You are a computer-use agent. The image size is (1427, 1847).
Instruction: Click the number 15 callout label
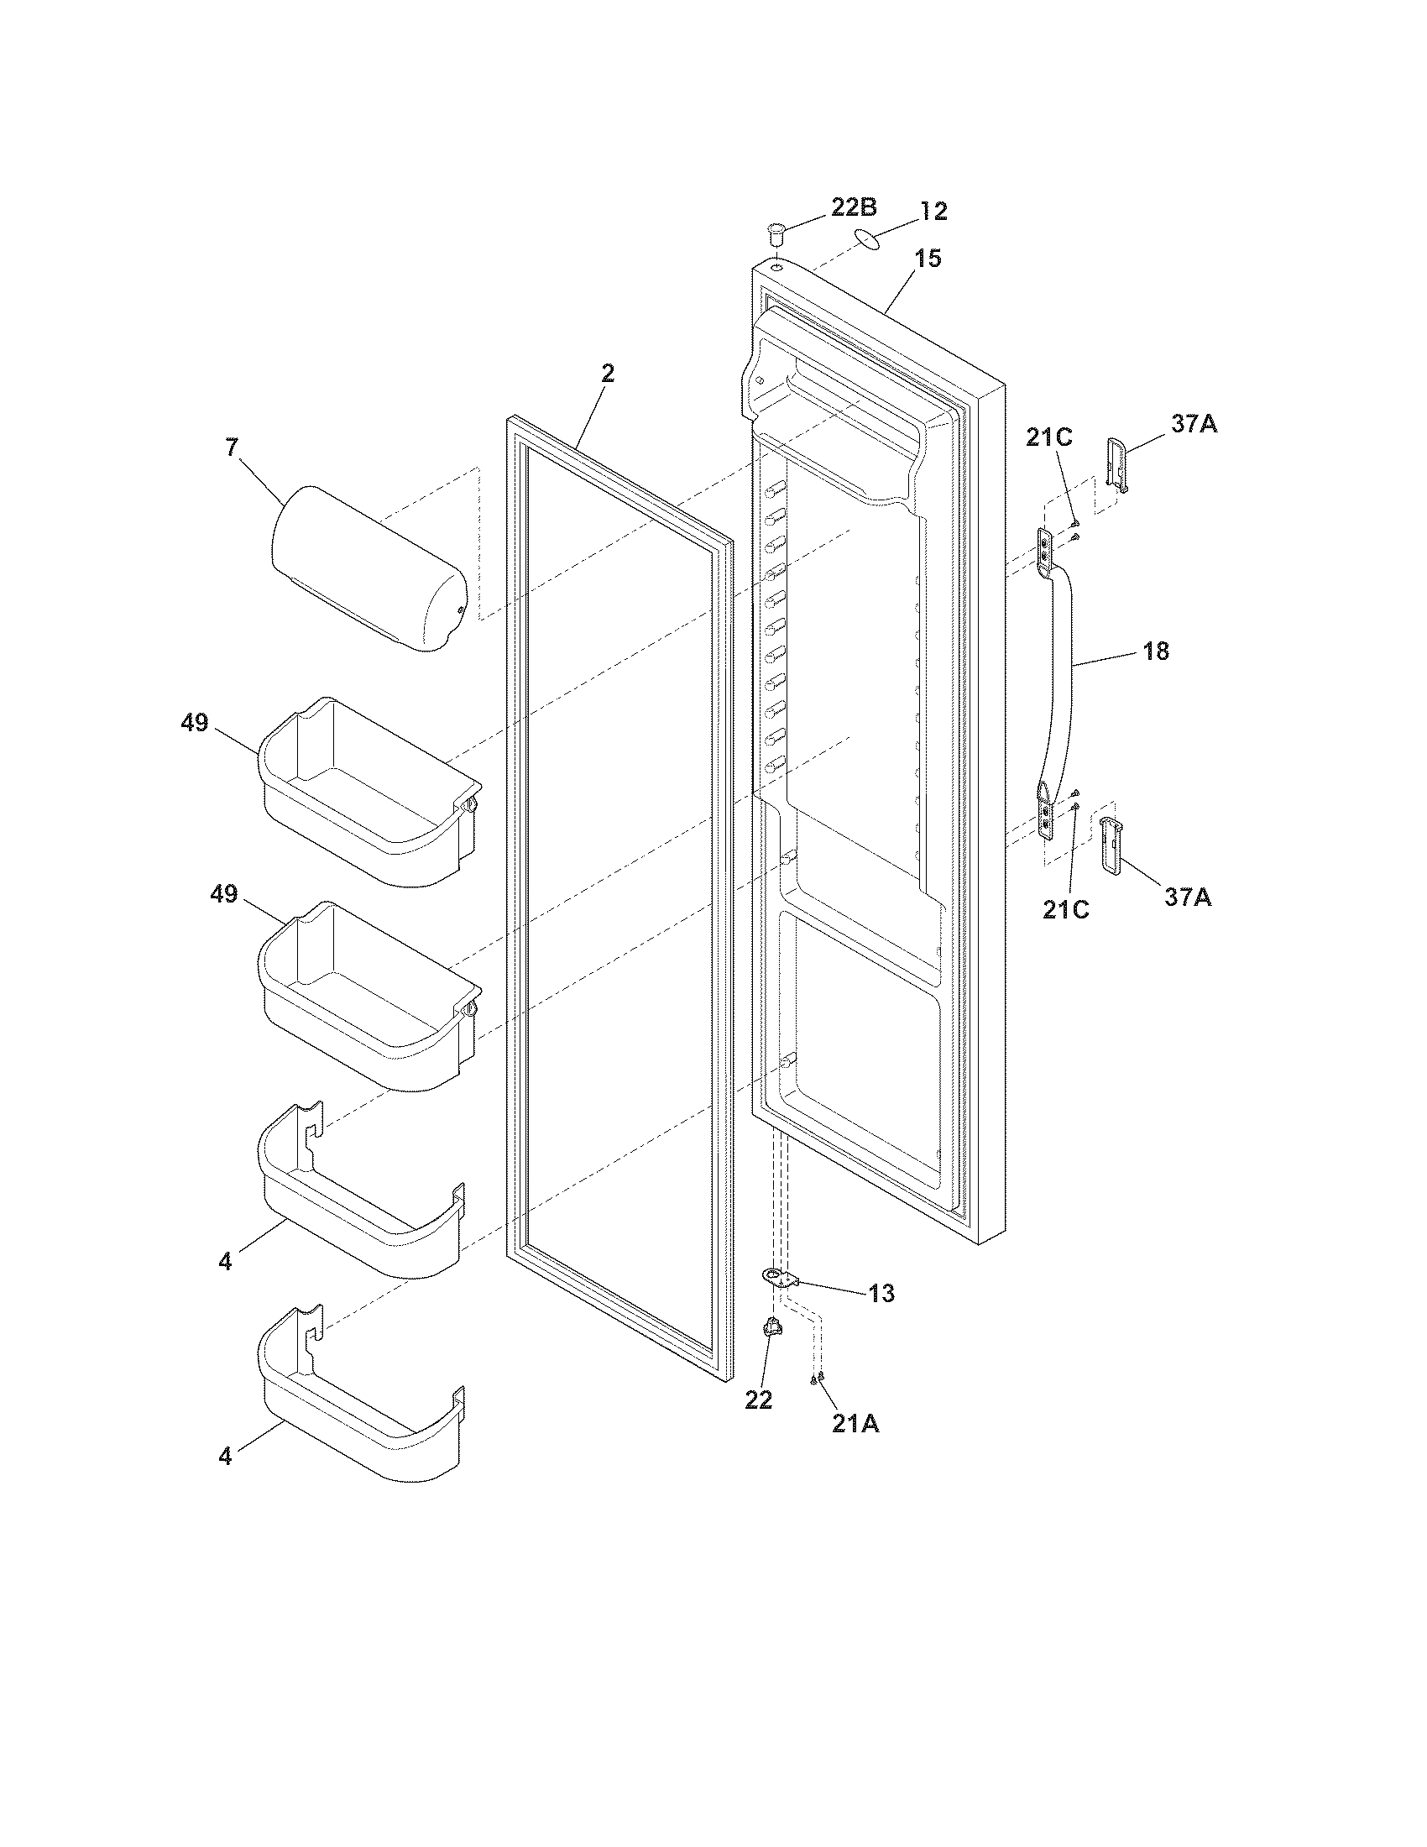tap(928, 259)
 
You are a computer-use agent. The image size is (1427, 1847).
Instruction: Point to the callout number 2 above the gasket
tap(608, 373)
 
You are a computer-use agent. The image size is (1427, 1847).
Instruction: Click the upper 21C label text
tap(1049, 437)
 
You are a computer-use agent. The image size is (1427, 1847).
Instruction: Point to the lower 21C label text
tap(1065, 909)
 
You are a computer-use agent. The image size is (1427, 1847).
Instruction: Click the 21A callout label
tap(855, 1424)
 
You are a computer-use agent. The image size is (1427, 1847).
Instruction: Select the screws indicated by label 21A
tap(817, 1379)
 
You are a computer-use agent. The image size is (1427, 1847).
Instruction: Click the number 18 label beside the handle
tap(1156, 651)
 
